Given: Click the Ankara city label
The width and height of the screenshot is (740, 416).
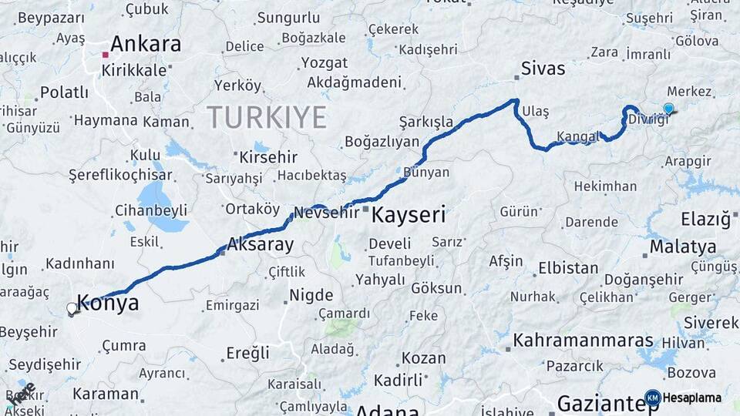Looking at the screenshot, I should (x=146, y=44).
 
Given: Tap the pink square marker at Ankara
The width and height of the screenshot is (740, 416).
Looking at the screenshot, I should (x=105, y=55).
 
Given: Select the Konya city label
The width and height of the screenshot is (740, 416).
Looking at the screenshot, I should (x=108, y=304).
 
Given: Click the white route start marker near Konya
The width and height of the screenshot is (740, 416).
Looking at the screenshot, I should (x=72, y=309).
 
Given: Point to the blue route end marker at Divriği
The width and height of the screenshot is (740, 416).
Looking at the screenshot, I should (x=668, y=109).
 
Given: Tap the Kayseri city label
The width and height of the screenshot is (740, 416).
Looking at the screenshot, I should (x=409, y=215).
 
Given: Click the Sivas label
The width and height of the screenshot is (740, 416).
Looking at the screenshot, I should (x=543, y=69).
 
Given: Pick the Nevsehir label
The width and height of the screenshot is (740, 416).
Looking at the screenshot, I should (x=326, y=213).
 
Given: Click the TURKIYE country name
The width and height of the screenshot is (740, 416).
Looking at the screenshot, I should (x=267, y=118).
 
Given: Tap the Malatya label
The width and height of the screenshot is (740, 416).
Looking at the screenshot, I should (x=683, y=247).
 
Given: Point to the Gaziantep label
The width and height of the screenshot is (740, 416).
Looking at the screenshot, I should (x=606, y=403).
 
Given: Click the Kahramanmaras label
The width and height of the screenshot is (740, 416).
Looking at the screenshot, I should (x=583, y=341).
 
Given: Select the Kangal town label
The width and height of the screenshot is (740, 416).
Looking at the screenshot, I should (x=577, y=137).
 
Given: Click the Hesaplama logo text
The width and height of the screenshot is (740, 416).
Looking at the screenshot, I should (x=694, y=398).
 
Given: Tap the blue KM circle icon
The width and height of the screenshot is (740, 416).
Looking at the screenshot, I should (x=653, y=398).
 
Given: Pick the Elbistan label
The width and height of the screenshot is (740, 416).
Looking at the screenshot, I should (x=568, y=269).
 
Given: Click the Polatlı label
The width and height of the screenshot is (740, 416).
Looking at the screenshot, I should (x=64, y=92).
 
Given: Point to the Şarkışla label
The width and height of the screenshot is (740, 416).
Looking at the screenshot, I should (x=426, y=122).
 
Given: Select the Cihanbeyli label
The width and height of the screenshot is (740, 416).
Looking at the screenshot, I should (x=151, y=210).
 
